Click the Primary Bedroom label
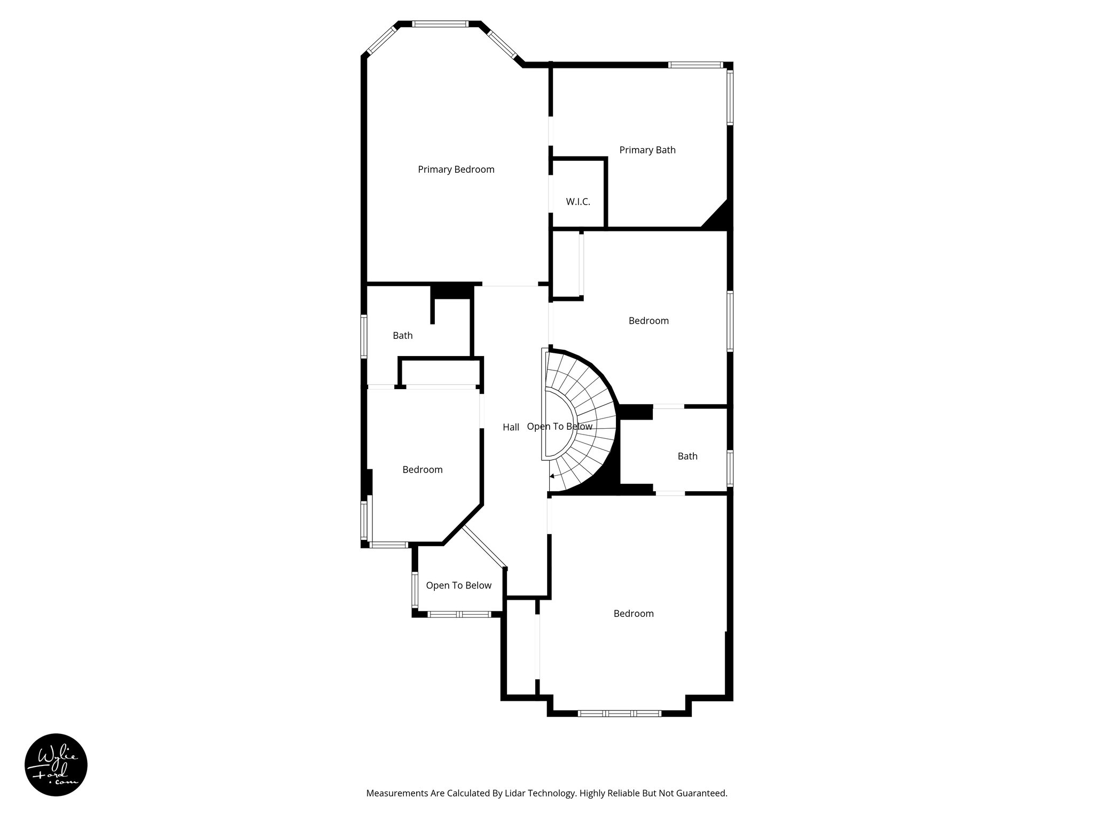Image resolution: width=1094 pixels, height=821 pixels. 456,169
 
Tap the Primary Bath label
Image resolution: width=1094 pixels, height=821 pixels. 647,150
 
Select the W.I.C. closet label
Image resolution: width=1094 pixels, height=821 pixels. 578,202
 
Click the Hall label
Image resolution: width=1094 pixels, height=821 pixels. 511,427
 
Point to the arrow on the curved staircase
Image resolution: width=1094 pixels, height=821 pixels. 553,475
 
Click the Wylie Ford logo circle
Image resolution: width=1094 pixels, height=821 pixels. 56,764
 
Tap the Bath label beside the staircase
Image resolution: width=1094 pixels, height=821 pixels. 687,456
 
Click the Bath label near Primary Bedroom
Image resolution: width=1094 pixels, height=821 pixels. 402,336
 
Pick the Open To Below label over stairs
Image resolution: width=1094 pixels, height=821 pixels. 559,427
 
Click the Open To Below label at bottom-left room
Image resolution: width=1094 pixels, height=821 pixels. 458,585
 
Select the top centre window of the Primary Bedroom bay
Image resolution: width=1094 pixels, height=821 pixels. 441,24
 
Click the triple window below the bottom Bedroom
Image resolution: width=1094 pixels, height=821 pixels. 620,713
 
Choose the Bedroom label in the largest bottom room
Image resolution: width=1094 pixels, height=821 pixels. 633,614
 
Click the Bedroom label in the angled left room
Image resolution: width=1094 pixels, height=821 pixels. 422,470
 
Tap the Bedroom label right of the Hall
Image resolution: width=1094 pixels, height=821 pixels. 648,321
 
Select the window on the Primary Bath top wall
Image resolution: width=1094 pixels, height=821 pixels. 695,65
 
